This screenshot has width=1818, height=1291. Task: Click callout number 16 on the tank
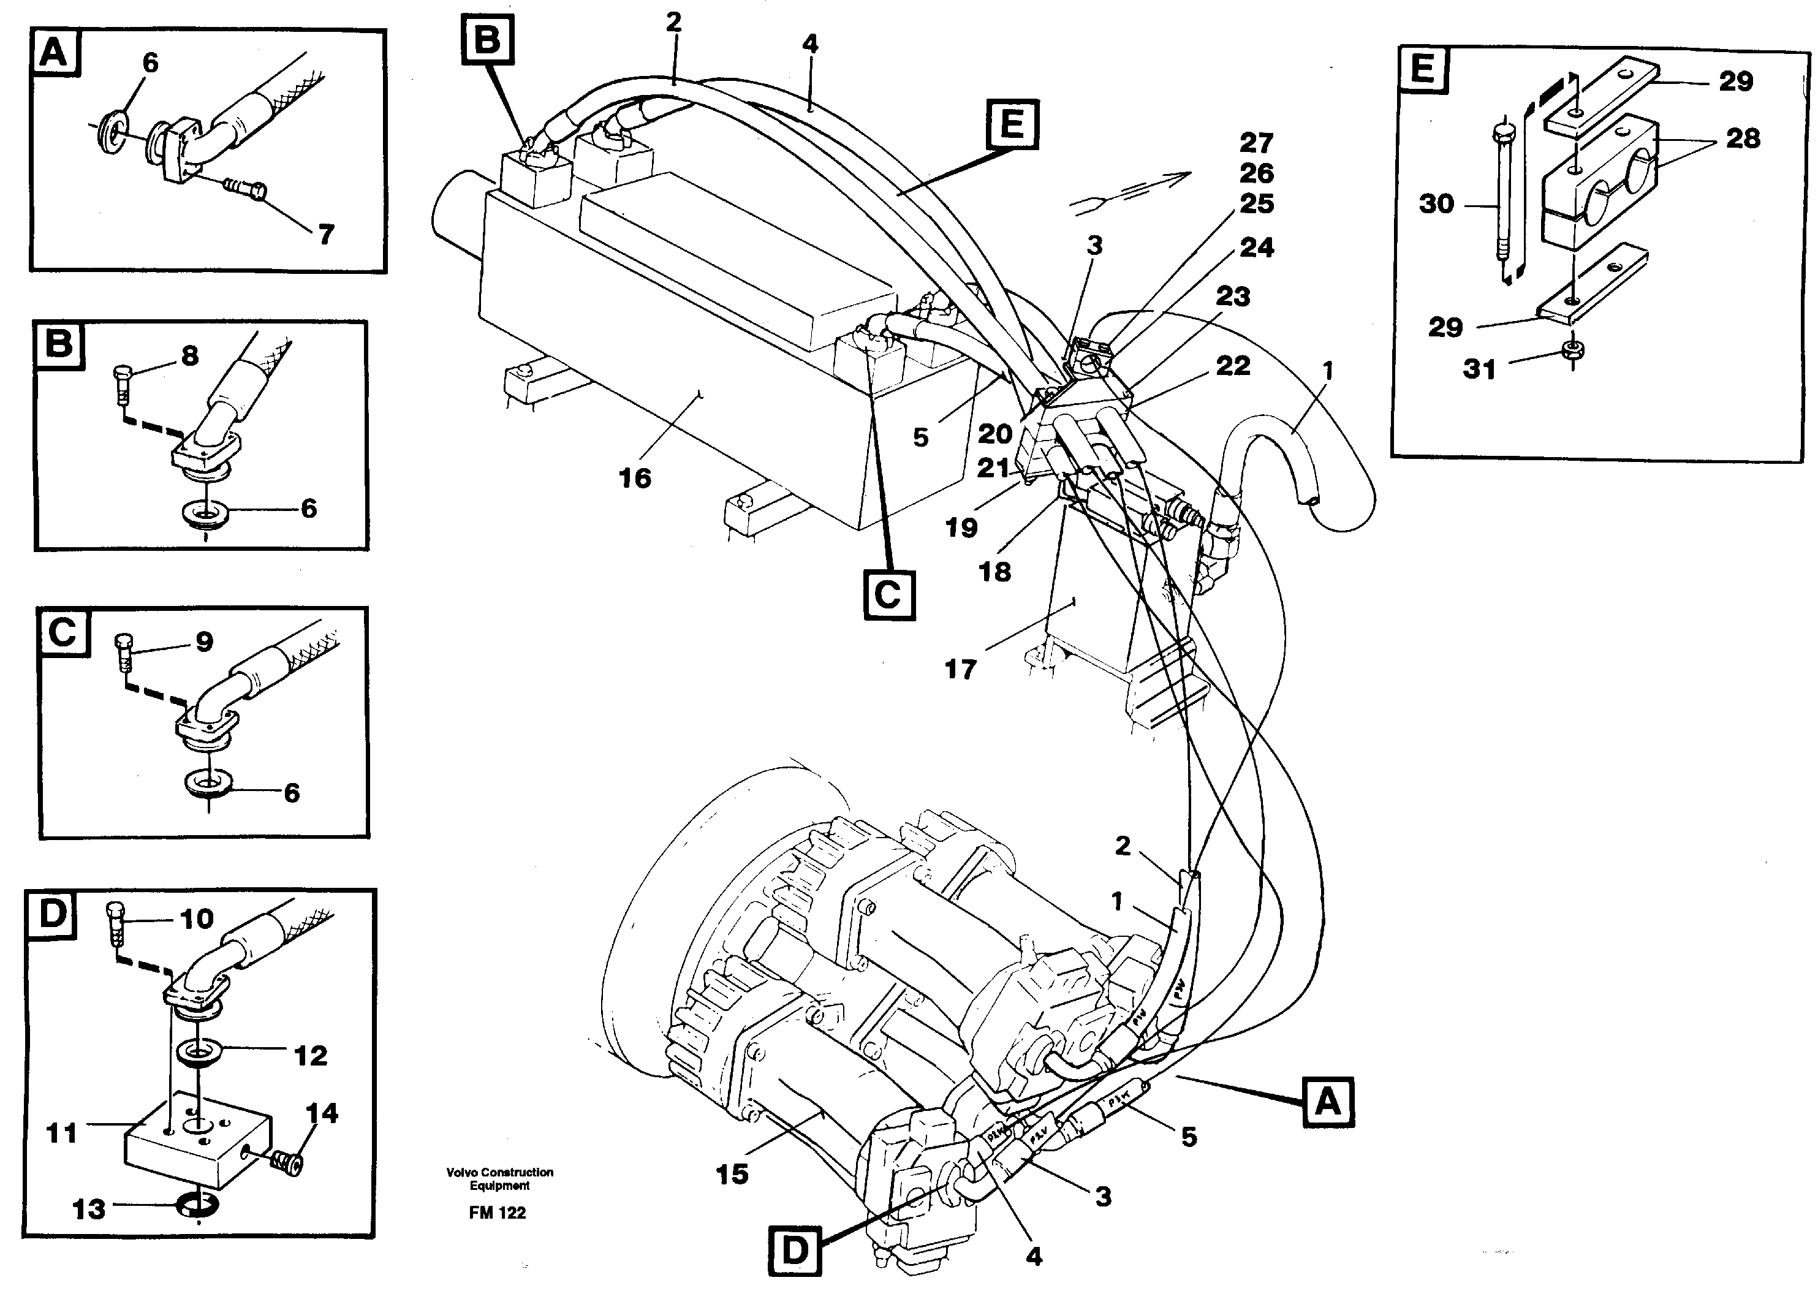point(634,479)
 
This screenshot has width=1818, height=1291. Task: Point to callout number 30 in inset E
point(1436,204)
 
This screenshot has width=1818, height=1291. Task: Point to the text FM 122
point(498,1213)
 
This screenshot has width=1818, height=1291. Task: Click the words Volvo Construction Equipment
point(499,1178)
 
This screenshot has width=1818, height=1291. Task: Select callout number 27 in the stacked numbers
point(1256,143)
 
